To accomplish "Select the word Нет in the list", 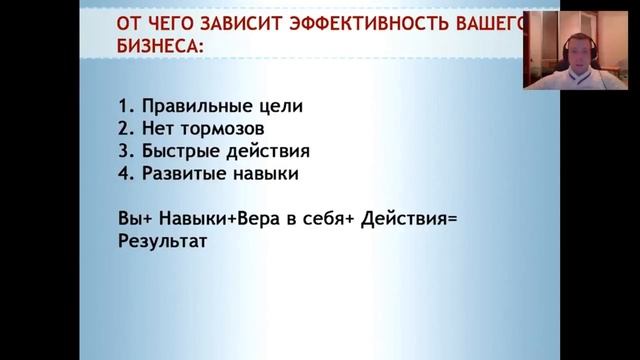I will [x=160, y=129].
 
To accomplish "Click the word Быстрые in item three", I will [x=176, y=152].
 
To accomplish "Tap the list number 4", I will [x=123, y=175].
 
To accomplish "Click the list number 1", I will [x=123, y=106].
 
